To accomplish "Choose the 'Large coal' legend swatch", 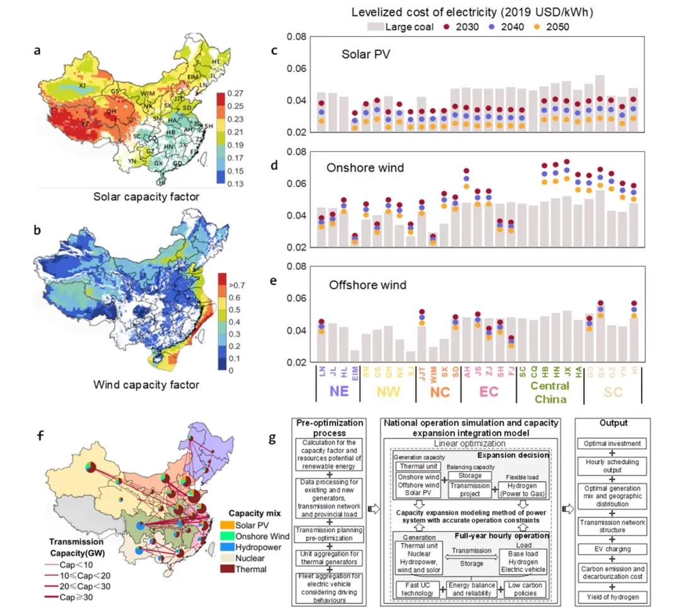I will pos(376,27).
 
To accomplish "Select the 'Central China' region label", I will pos(550,392).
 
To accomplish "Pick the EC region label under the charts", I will pos(489,392).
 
